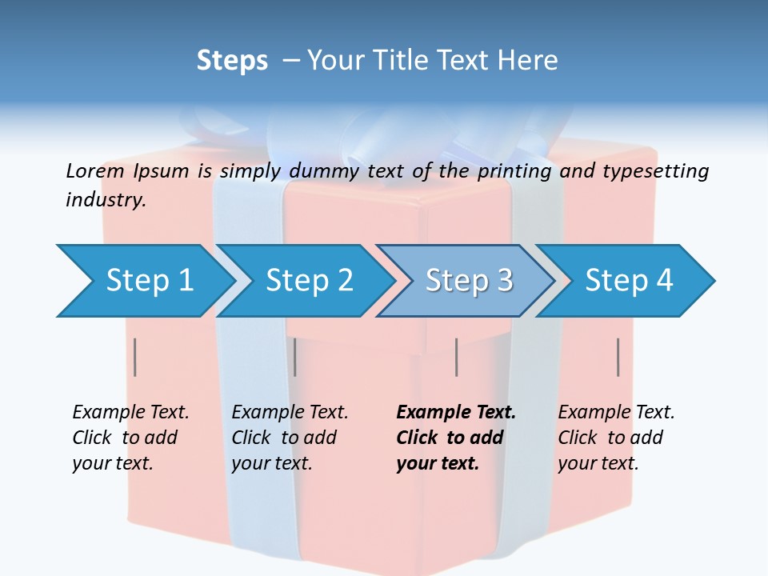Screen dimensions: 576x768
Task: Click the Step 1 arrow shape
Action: (x=149, y=281)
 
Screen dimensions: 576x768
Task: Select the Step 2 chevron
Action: (x=309, y=281)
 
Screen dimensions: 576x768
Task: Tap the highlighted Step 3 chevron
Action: (x=469, y=281)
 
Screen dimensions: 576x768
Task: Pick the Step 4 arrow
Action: (x=629, y=281)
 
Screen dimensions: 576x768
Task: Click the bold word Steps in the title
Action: (x=232, y=61)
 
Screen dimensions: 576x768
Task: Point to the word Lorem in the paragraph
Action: (x=94, y=170)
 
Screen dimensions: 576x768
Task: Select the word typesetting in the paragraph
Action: (x=655, y=171)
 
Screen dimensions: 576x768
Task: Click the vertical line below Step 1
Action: (x=135, y=357)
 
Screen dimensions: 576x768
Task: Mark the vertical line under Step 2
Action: (x=295, y=357)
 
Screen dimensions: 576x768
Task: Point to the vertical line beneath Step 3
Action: (x=456, y=357)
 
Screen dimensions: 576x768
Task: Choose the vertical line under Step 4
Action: (x=618, y=357)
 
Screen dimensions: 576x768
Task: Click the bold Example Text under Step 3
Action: (x=456, y=413)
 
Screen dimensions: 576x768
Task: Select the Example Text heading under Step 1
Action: (x=130, y=413)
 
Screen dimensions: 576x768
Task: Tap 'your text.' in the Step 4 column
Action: (x=598, y=463)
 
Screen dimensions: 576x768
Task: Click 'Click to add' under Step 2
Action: (x=284, y=438)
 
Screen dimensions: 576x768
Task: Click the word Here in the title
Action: (x=527, y=61)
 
